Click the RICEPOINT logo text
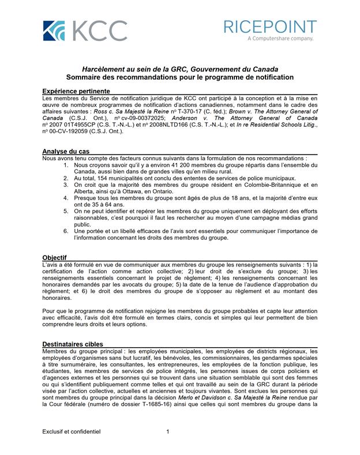pos(270,27)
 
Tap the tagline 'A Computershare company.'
pos(280,39)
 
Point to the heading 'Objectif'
pos(55,257)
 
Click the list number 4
pos(66,198)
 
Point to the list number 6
pos(66,231)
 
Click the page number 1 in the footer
pos(167,431)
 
